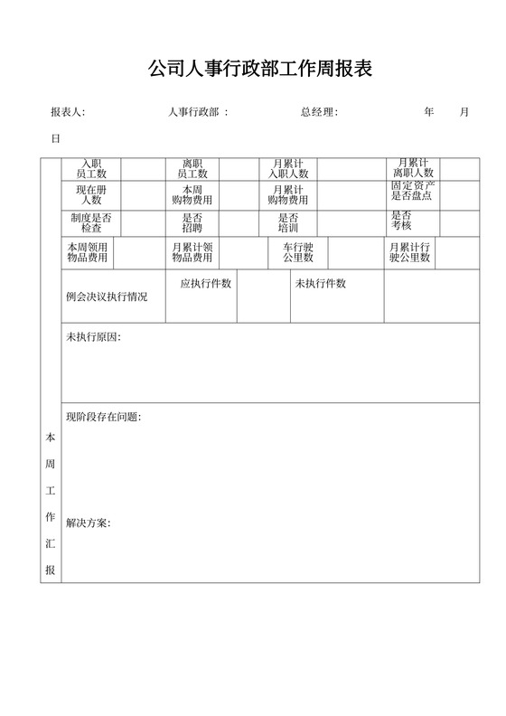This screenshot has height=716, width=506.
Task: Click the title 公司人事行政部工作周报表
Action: [x=259, y=70]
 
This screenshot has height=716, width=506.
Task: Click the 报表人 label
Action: [x=68, y=112]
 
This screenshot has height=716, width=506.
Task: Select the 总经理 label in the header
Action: [x=319, y=112]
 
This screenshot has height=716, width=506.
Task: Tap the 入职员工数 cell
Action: [x=91, y=168]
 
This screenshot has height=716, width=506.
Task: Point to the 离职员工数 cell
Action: [x=192, y=168]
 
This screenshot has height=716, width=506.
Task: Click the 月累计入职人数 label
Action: [x=288, y=168]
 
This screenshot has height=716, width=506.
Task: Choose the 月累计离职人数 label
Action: [x=413, y=167]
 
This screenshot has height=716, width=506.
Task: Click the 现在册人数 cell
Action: [x=91, y=195]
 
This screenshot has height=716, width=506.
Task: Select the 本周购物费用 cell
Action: [x=192, y=195]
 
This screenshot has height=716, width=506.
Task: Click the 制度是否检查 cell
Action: [x=91, y=223]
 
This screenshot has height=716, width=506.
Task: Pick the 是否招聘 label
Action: [x=192, y=223]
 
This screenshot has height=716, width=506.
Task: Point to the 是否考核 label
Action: [x=401, y=221]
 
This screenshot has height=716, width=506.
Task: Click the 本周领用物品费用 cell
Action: [x=87, y=252]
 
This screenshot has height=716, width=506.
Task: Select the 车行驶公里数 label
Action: [x=298, y=252]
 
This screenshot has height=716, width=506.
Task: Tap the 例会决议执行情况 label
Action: [x=107, y=297]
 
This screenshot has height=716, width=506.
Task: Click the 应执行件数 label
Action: [x=206, y=284]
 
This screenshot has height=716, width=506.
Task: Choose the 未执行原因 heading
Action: [x=93, y=337]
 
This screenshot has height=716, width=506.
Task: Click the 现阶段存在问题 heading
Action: [x=103, y=417]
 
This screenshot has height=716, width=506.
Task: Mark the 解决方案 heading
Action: [x=88, y=523]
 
